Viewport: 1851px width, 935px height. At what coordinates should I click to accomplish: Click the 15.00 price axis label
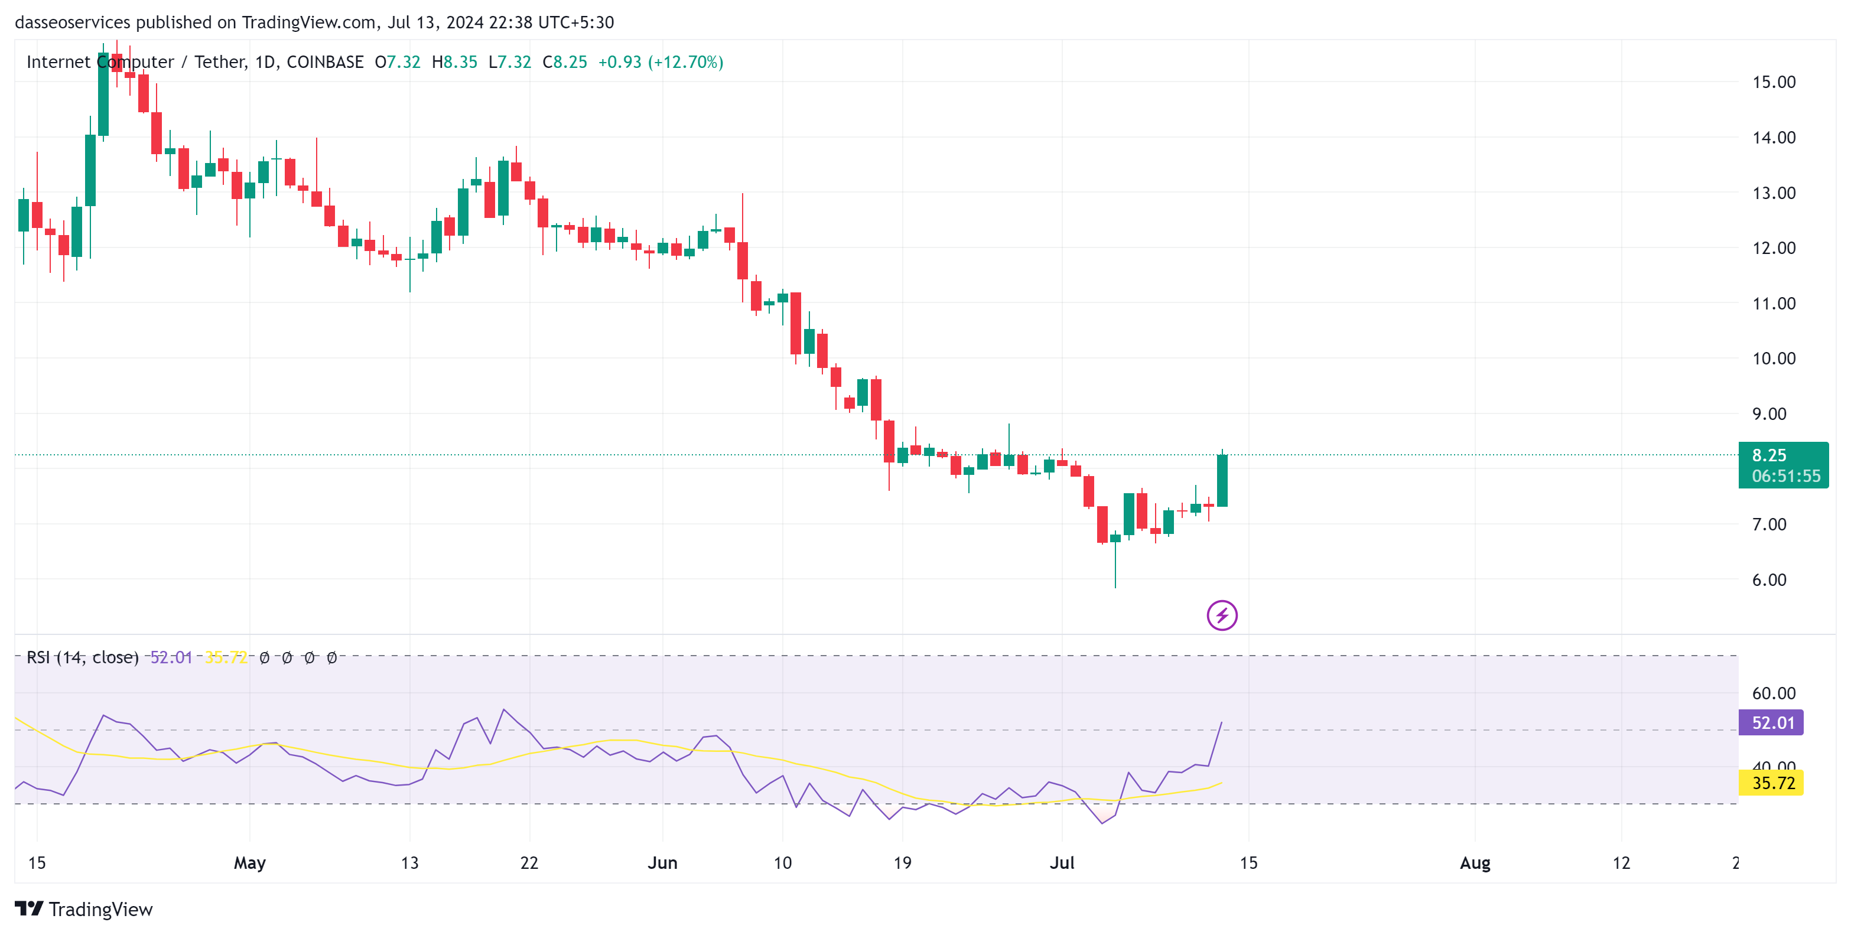click(1774, 82)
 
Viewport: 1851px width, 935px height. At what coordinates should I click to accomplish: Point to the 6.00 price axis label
click(1768, 579)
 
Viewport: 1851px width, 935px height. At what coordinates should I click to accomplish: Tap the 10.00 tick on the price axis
click(1774, 359)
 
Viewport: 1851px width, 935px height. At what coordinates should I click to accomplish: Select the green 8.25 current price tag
click(1782, 465)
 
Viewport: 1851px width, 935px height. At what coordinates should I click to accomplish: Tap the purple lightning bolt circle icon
click(1222, 615)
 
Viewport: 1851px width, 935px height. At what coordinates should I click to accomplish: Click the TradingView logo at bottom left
click(83, 909)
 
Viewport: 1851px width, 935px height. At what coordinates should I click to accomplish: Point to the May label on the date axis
click(249, 862)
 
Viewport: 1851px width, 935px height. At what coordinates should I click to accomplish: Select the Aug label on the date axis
click(1475, 862)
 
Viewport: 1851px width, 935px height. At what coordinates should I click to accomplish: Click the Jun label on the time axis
click(662, 862)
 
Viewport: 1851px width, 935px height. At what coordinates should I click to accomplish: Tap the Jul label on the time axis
click(1061, 862)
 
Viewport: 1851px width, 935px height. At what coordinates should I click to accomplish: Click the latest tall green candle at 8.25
click(1222, 480)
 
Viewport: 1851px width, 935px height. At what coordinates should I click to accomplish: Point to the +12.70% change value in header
click(685, 63)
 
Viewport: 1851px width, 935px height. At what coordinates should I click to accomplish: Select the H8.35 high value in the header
click(454, 63)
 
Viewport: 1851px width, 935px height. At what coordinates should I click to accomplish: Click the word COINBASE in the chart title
click(325, 63)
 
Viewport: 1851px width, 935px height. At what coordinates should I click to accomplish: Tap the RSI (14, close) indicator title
click(82, 657)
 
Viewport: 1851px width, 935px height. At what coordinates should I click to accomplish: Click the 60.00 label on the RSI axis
click(1774, 693)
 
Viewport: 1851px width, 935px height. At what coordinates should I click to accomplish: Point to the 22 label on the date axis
click(529, 862)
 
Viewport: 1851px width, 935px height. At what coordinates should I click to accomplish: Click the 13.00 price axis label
click(1774, 193)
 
